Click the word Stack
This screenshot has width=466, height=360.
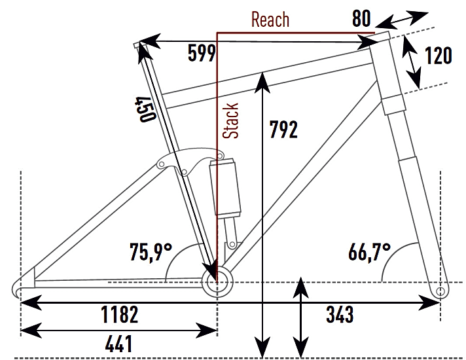point(230,120)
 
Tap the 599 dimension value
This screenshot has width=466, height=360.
point(201,54)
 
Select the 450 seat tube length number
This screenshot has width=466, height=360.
point(145,109)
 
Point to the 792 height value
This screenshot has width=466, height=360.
point(283,130)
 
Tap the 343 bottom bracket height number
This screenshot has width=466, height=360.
point(339,314)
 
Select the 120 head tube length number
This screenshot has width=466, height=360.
point(437,56)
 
